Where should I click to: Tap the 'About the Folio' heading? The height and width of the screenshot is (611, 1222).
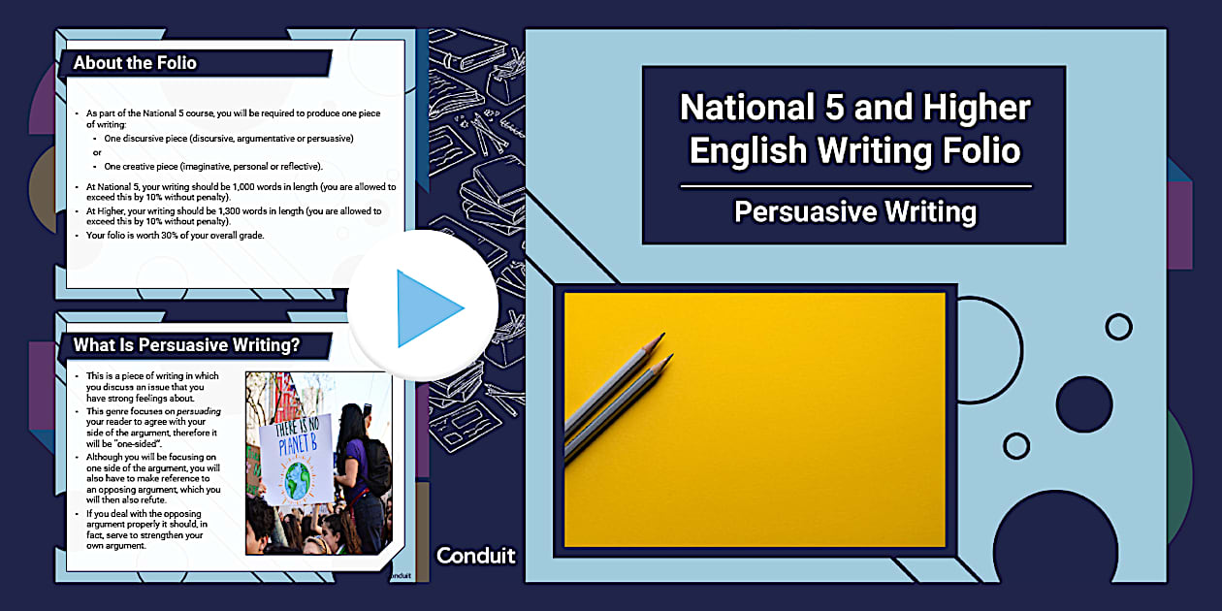(135, 63)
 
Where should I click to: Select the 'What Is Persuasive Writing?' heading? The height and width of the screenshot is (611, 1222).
(186, 345)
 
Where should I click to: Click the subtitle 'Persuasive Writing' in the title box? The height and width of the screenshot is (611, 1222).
(854, 211)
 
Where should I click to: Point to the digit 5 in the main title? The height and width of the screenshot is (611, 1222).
(835, 107)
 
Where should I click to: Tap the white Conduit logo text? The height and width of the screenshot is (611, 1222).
(475, 556)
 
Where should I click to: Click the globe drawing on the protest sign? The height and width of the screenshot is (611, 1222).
(298, 481)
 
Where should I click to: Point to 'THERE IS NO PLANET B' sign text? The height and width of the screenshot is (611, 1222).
(297, 435)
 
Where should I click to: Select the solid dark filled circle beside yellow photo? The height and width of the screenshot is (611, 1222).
(1084, 403)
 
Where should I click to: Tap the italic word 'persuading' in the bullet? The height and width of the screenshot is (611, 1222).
(199, 411)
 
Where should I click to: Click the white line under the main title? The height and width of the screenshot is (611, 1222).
(855, 186)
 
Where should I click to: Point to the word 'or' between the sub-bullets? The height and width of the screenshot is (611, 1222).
(97, 153)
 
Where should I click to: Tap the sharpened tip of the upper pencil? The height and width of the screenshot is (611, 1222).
(664, 334)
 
